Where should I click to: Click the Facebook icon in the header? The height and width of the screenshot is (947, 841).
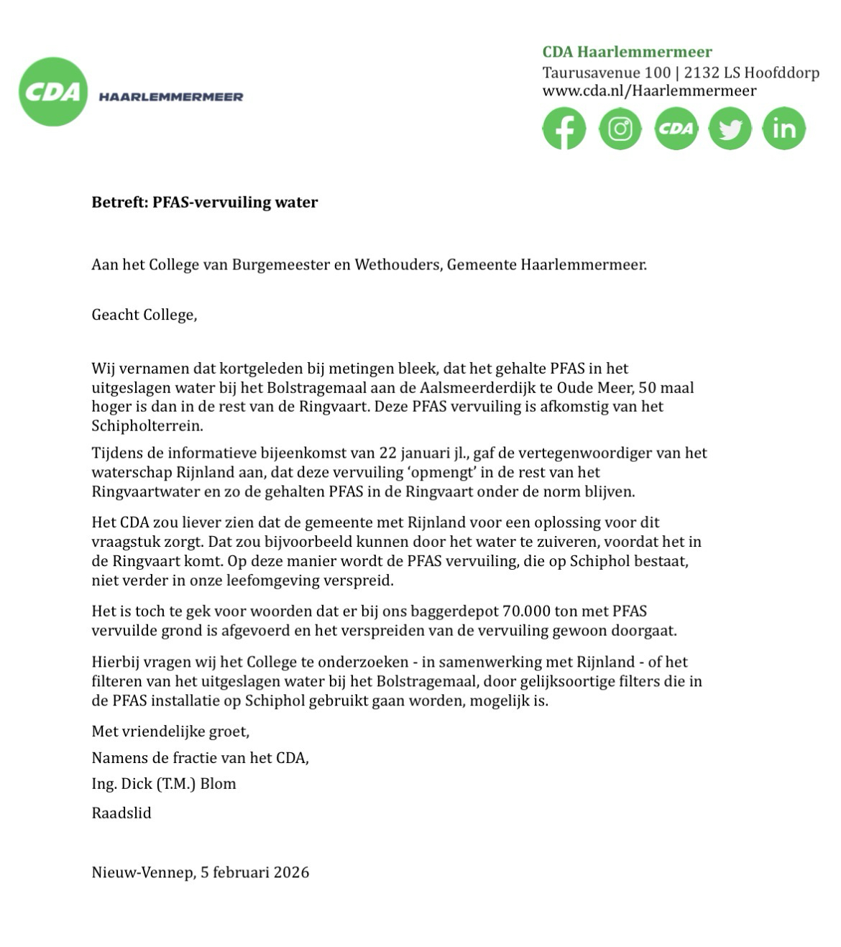tap(564, 129)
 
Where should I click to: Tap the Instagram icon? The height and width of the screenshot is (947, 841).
tap(620, 129)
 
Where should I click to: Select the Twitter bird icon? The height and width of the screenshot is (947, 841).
tap(730, 129)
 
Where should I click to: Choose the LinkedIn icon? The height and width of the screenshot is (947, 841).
tap(783, 129)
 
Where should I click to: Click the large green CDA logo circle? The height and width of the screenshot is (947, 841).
tap(53, 92)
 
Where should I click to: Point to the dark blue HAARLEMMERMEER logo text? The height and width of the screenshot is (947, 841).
tap(170, 97)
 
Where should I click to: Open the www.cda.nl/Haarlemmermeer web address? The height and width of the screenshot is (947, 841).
tap(649, 91)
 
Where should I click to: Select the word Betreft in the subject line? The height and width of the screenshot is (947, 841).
tap(118, 202)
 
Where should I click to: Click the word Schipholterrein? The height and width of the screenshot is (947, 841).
tap(147, 425)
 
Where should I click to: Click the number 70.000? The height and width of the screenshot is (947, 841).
tap(526, 611)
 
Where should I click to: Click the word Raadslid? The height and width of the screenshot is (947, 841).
tap(121, 813)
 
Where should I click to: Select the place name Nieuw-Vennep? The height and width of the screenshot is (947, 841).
tap(142, 872)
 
